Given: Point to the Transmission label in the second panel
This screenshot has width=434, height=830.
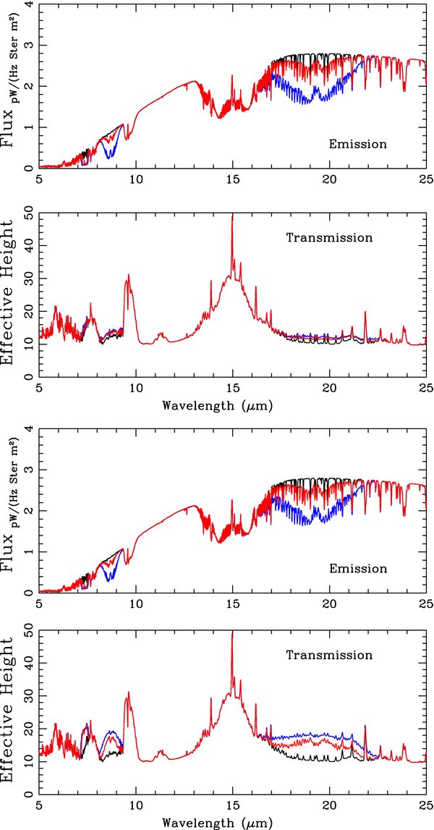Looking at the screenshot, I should coord(329,237).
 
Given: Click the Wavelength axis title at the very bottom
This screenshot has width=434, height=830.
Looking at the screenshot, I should coord(218,822).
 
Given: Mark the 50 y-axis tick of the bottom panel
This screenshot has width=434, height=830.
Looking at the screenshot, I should coord(27,633).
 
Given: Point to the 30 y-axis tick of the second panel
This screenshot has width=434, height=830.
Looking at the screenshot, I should coord(27,279).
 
